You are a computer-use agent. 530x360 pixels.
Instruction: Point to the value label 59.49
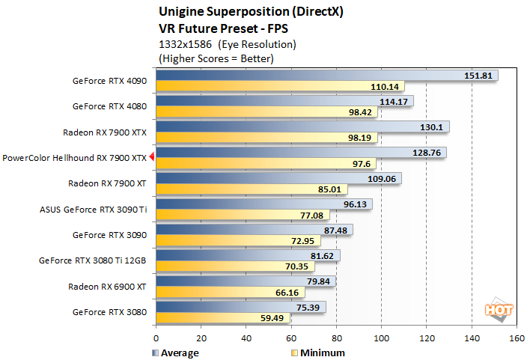coord(272,317)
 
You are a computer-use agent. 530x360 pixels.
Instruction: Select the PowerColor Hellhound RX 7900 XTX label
coord(75,158)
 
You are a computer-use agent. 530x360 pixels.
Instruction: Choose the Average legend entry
coord(177,353)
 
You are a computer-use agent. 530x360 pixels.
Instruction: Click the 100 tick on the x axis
coord(382,338)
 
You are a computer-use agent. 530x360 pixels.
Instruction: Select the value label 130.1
coord(431,127)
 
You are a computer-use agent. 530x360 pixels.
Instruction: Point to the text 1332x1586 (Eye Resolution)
coord(228,43)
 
